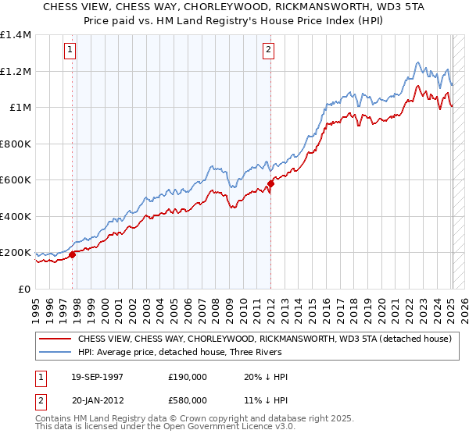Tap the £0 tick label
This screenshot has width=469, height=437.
pos(25,290)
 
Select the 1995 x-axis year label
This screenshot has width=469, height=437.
pos(36,305)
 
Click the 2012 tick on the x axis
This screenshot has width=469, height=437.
pos(270,305)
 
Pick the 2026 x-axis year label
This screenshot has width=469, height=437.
pos(464,305)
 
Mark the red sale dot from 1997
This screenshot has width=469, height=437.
pos(73,254)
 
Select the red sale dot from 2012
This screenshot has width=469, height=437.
pos(270,184)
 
